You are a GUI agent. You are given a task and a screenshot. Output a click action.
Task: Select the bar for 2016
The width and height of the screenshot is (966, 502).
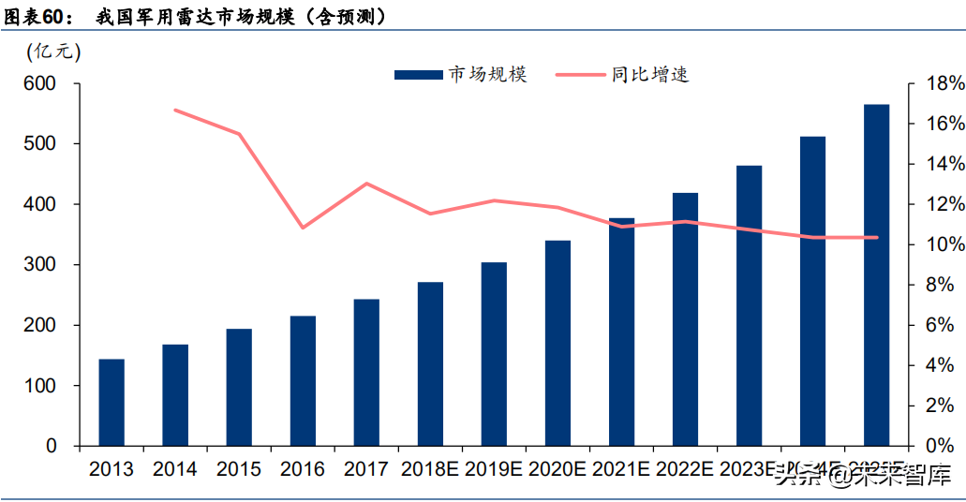[x=303, y=380]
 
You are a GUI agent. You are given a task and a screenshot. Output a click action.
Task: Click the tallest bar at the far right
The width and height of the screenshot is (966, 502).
[x=876, y=274]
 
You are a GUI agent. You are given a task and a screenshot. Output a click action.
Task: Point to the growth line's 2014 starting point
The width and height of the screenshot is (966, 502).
[x=176, y=111]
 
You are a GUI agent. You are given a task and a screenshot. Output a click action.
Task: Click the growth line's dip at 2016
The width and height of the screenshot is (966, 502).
[x=303, y=228]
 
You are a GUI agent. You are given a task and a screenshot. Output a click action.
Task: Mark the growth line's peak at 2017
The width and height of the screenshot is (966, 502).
[x=366, y=184]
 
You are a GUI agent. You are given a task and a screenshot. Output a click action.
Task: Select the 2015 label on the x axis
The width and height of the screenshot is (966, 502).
[x=239, y=469]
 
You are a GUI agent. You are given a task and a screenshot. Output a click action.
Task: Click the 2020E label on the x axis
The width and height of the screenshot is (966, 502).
[x=557, y=469]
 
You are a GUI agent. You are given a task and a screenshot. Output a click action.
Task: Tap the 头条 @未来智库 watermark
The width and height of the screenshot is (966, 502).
[x=862, y=478]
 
